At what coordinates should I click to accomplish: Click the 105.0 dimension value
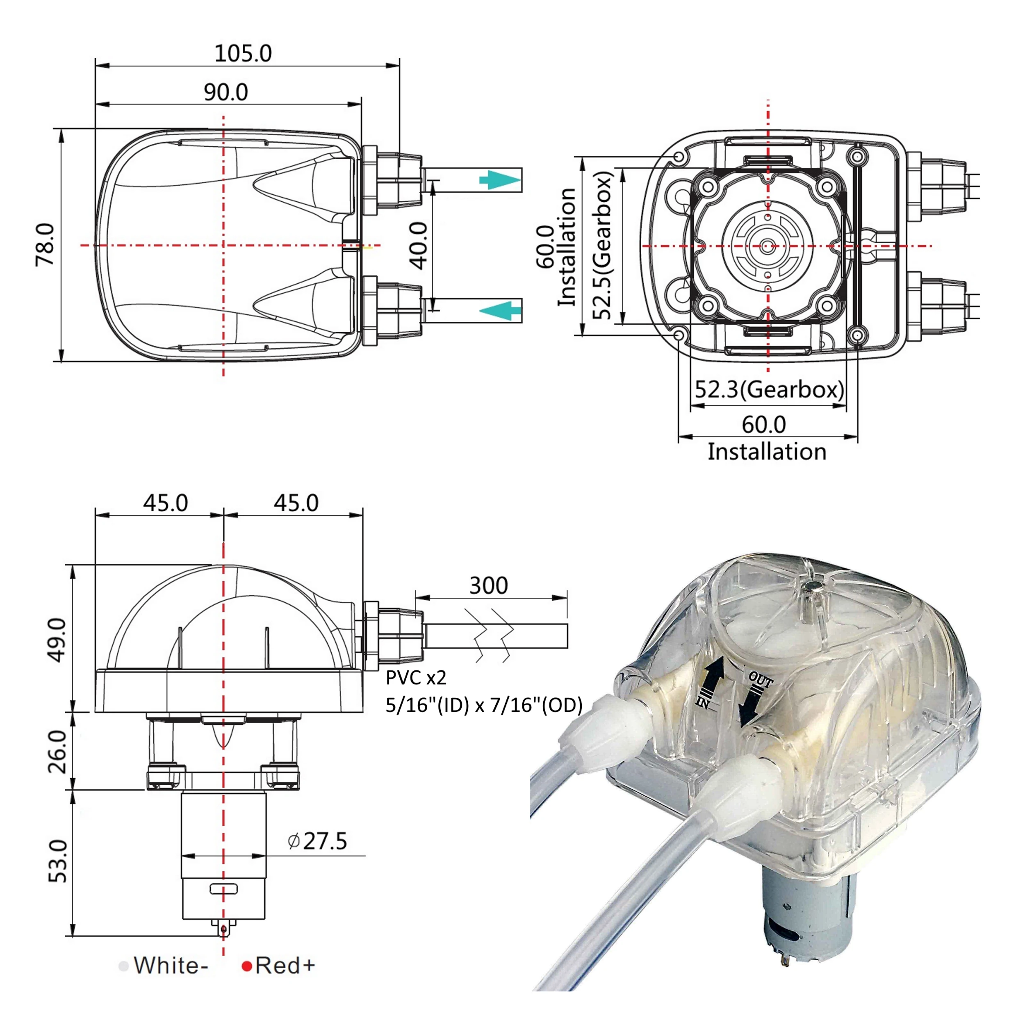243,54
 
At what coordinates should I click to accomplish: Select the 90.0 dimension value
226,92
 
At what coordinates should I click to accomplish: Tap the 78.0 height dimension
46,245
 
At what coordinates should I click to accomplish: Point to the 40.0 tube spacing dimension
419,246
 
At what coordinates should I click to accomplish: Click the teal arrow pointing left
500,310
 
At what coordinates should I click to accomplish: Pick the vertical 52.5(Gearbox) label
603,245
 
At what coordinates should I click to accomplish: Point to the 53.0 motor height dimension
58,861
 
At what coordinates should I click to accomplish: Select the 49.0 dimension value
58,640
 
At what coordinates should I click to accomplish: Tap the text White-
170,966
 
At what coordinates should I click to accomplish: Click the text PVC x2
416,677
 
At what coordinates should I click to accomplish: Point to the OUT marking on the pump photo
760,681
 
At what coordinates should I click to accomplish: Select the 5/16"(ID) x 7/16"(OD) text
484,705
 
